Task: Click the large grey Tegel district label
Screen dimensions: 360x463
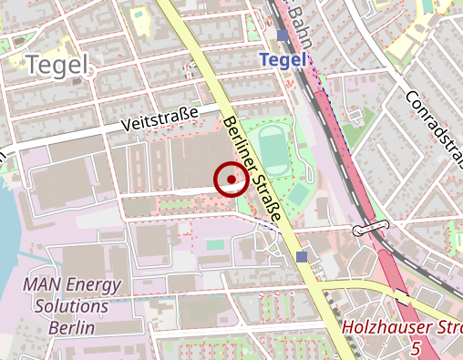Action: [x=57, y=64]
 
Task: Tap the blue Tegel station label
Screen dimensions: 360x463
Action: [x=283, y=59]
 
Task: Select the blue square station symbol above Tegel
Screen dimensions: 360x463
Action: [x=283, y=36]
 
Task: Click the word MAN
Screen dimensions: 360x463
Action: [x=41, y=284]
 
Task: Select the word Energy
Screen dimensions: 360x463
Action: [x=96, y=285]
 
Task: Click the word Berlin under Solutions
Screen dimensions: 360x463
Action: [x=71, y=327]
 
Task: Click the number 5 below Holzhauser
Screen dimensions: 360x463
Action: [x=416, y=348]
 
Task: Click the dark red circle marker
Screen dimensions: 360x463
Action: [x=231, y=180]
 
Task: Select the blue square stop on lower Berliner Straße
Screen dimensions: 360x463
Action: [x=302, y=257]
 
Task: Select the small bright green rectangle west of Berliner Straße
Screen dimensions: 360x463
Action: [x=215, y=244]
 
